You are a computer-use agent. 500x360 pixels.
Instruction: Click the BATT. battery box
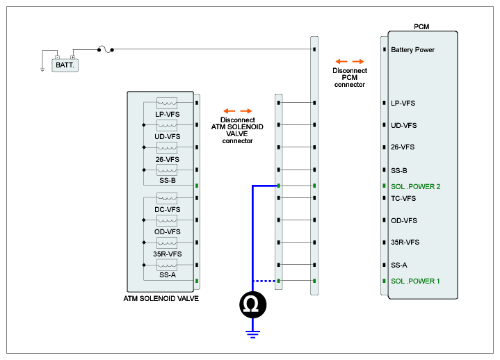point(65,65)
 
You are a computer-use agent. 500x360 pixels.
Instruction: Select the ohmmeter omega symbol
point(253,305)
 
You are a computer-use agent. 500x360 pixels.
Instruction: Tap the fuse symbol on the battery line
point(106,49)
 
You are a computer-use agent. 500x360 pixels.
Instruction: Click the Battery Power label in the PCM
point(412,50)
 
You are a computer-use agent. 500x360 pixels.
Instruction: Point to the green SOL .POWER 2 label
point(415,186)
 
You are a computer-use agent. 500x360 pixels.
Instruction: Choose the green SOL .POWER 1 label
point(415,281)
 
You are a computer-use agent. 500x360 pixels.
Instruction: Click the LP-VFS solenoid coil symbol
point(167,104)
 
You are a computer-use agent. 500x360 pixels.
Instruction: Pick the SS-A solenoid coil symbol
point(167,265)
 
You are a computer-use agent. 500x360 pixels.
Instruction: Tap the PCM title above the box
point(421,27)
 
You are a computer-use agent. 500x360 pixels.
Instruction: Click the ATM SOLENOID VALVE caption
point(161,299)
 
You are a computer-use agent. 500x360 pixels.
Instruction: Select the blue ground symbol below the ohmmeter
point(253,334)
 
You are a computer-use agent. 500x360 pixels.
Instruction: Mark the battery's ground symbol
point(42,70)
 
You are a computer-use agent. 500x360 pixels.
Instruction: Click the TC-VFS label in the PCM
point(403,199)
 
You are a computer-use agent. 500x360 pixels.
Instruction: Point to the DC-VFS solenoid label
point(168,210)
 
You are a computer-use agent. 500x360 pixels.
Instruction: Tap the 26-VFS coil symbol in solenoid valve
point(167,148)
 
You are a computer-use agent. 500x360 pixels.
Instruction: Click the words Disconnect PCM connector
point(350,77)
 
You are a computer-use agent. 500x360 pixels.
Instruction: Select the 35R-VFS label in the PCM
point(405,242)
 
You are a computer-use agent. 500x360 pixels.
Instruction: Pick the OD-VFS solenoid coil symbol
point(167,220)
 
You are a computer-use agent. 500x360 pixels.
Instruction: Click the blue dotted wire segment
point(264,281)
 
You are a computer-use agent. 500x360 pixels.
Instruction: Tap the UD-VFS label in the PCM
point(404,125)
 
